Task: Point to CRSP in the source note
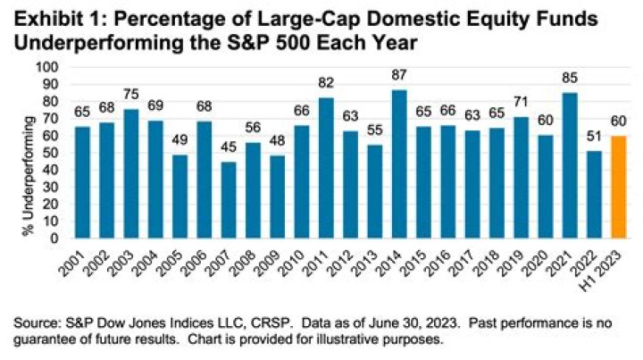[x=229, y=326]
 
